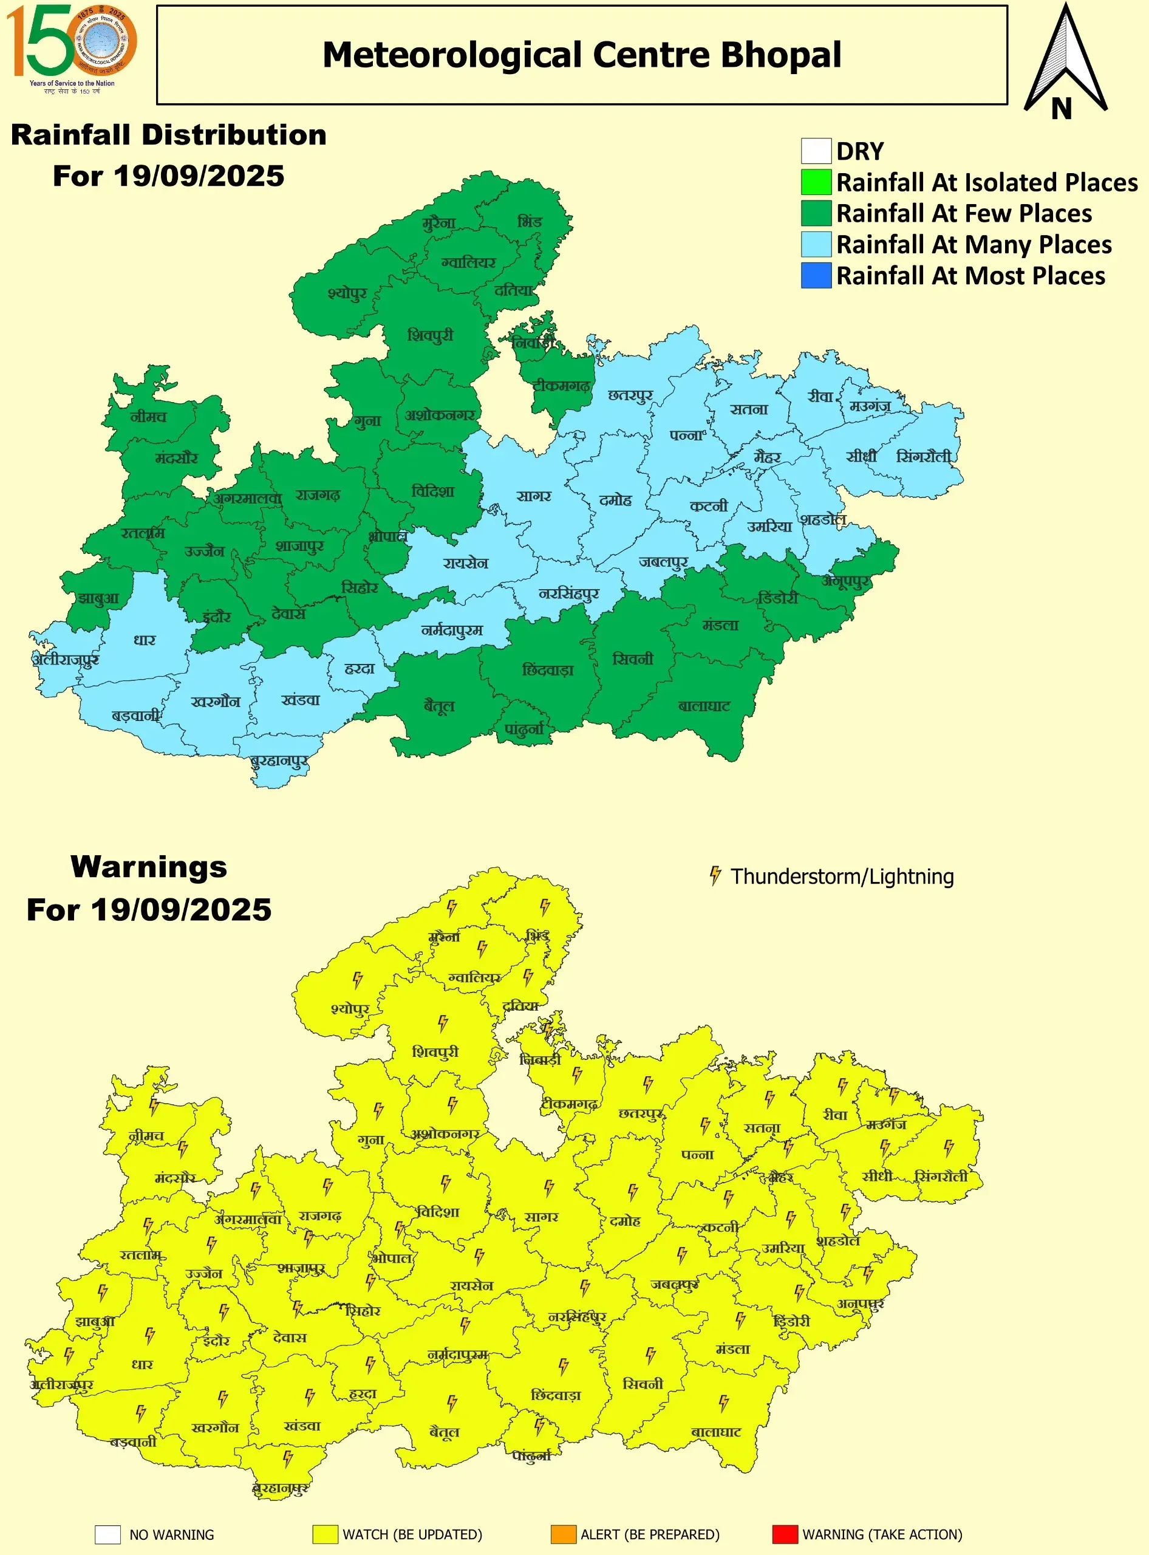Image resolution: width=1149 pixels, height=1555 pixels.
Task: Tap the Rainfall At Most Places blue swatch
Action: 816,276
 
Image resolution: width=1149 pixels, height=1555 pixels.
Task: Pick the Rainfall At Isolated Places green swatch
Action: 816,182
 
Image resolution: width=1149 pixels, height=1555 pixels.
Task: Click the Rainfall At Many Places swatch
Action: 816,244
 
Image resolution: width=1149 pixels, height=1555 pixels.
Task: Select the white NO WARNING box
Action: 108,1534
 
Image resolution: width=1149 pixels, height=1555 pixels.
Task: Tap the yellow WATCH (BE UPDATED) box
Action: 326,1534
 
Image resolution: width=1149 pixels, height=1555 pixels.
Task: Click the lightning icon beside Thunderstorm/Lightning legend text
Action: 714,875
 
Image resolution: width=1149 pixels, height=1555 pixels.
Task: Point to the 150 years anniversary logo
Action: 71,47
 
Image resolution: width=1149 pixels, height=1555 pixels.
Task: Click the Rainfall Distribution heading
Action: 168,135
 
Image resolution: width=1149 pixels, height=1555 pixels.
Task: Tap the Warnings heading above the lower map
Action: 149,867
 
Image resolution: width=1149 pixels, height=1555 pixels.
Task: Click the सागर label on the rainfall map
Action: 533,496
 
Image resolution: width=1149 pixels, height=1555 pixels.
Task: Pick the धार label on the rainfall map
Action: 145,640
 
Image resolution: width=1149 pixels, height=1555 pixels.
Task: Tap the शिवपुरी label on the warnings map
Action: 435,1051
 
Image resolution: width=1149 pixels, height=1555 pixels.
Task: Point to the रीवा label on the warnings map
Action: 834,1115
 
